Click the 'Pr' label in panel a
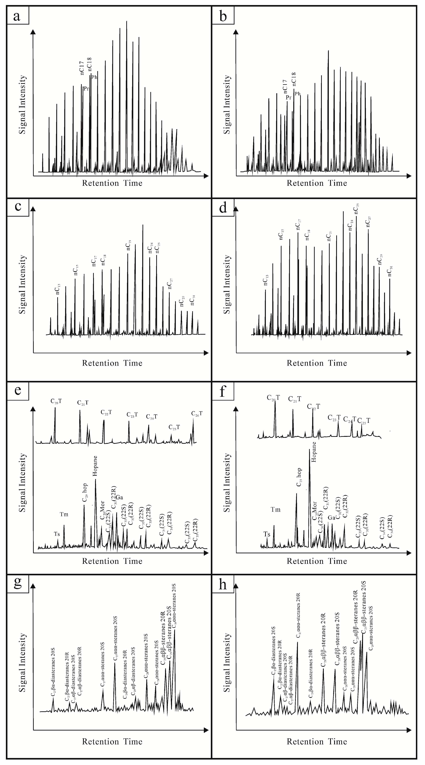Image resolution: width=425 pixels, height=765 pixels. [86, 88]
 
